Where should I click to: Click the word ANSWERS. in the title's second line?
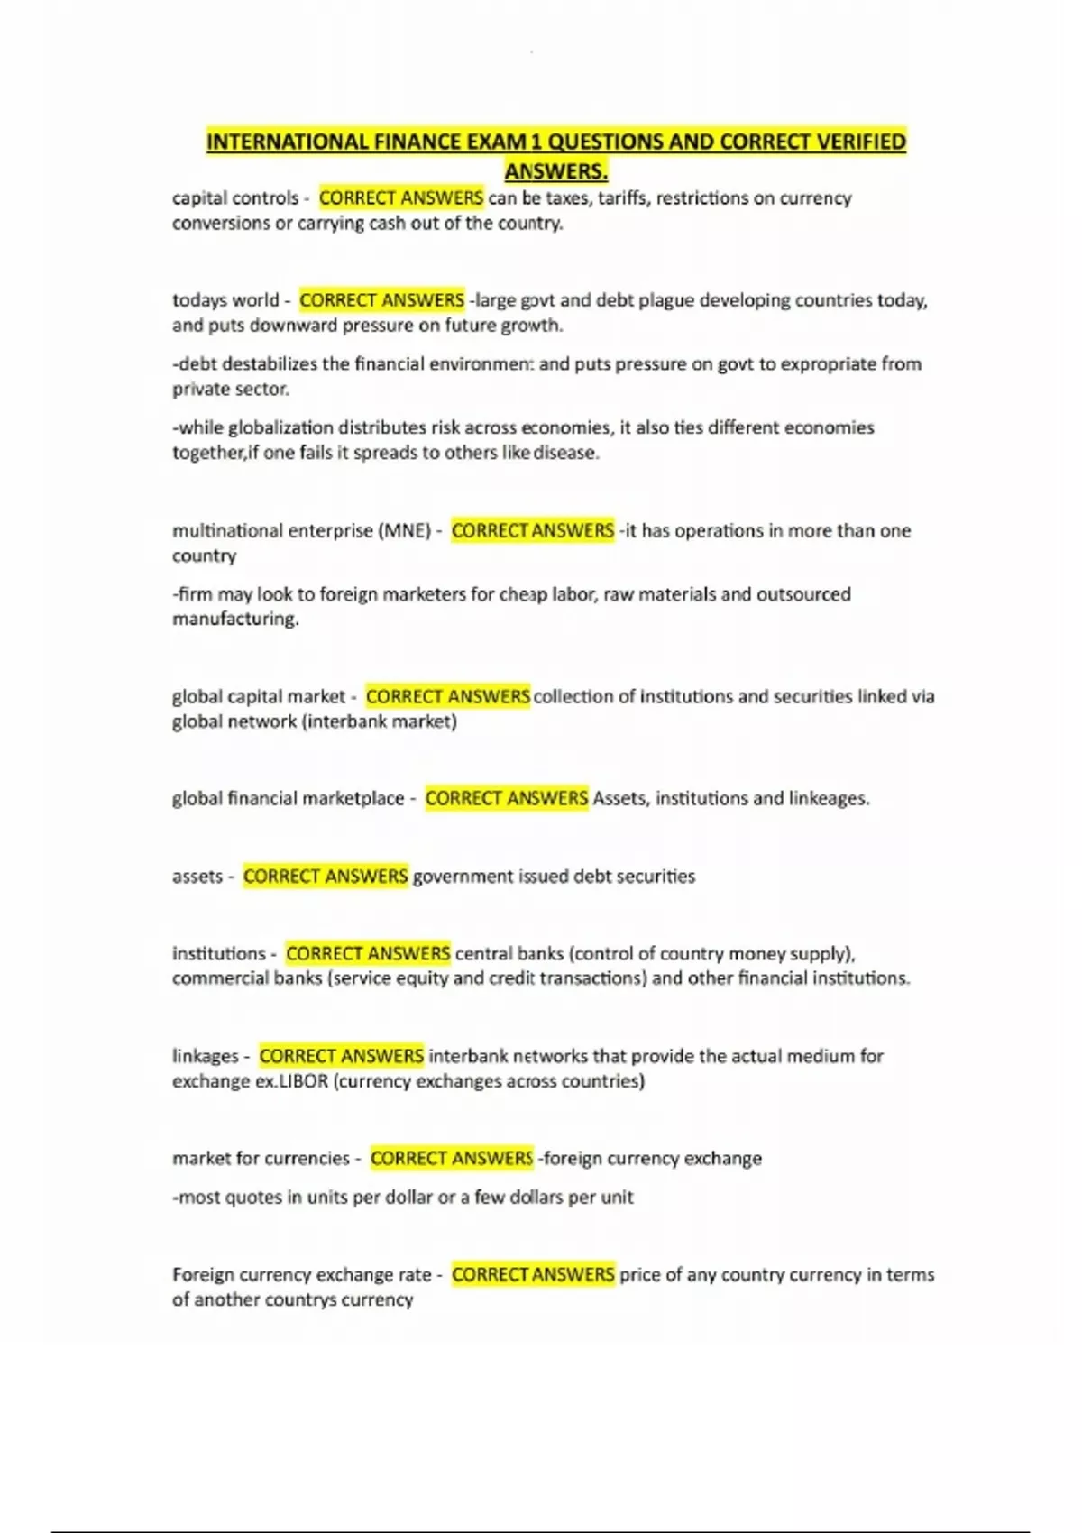pos(555,170)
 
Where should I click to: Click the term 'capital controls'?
pos(235,197)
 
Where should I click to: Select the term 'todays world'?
pos(225,299)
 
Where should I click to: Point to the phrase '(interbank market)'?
pos(380,721)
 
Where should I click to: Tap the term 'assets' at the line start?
pos(197,876)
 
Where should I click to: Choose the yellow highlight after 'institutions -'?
pos(368,953)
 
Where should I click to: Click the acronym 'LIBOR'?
pos(304,1081)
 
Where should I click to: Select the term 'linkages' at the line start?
pos(206,1056)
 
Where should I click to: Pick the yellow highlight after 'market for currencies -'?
pos(452,1158)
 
